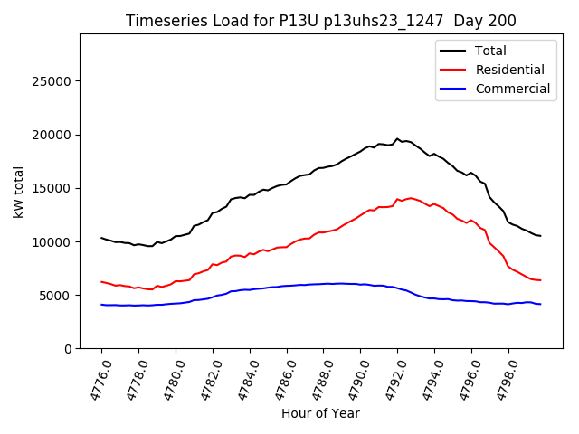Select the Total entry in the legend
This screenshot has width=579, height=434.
click(x=490, y=51)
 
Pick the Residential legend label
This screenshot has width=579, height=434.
click(x=510, y=70)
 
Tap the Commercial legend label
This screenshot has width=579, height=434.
click(x=512, y=89)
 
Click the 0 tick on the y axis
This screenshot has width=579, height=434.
click(x=69, y=349)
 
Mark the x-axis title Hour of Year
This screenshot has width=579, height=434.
click(x=320, y=414)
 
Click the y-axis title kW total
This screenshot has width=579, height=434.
click(x=18, y=192)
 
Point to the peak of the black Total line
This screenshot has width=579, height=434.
click(x=397, y=138)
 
